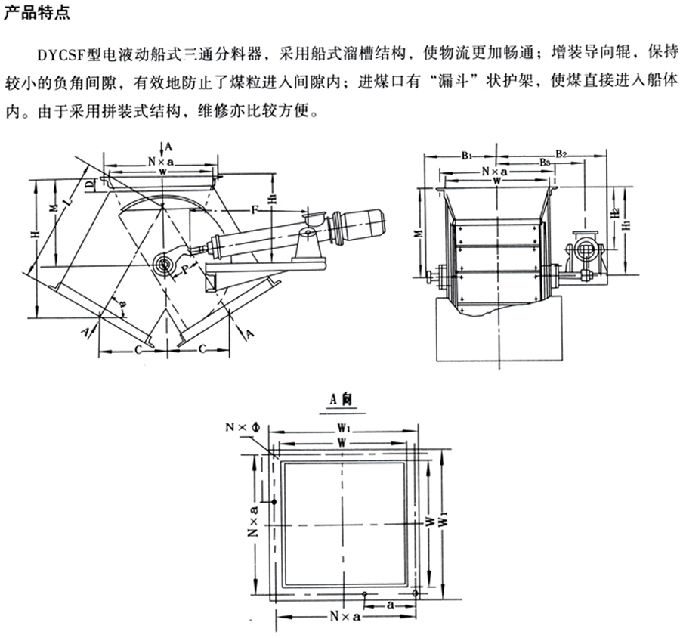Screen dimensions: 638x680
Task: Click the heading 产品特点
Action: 32,14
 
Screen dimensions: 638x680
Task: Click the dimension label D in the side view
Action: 88,184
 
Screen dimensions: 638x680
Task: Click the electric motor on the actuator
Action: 363,221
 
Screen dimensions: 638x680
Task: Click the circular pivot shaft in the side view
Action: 162,263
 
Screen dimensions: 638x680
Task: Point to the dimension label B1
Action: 466,156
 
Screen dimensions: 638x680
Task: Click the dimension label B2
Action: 562,153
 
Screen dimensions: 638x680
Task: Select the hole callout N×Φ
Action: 243,428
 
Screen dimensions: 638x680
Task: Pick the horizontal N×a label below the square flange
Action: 344,617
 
